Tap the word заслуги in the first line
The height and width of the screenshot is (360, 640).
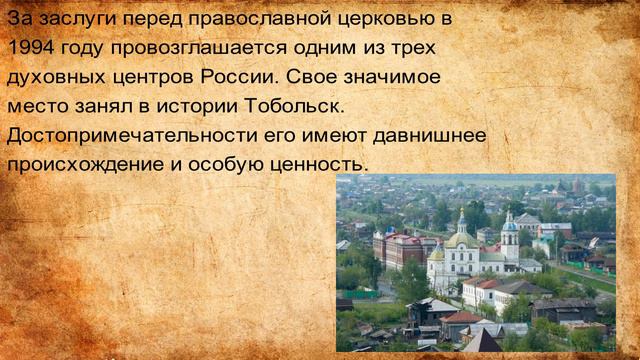85,19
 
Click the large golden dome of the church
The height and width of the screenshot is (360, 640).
461,238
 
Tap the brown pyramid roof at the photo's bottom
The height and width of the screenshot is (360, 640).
483,341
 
